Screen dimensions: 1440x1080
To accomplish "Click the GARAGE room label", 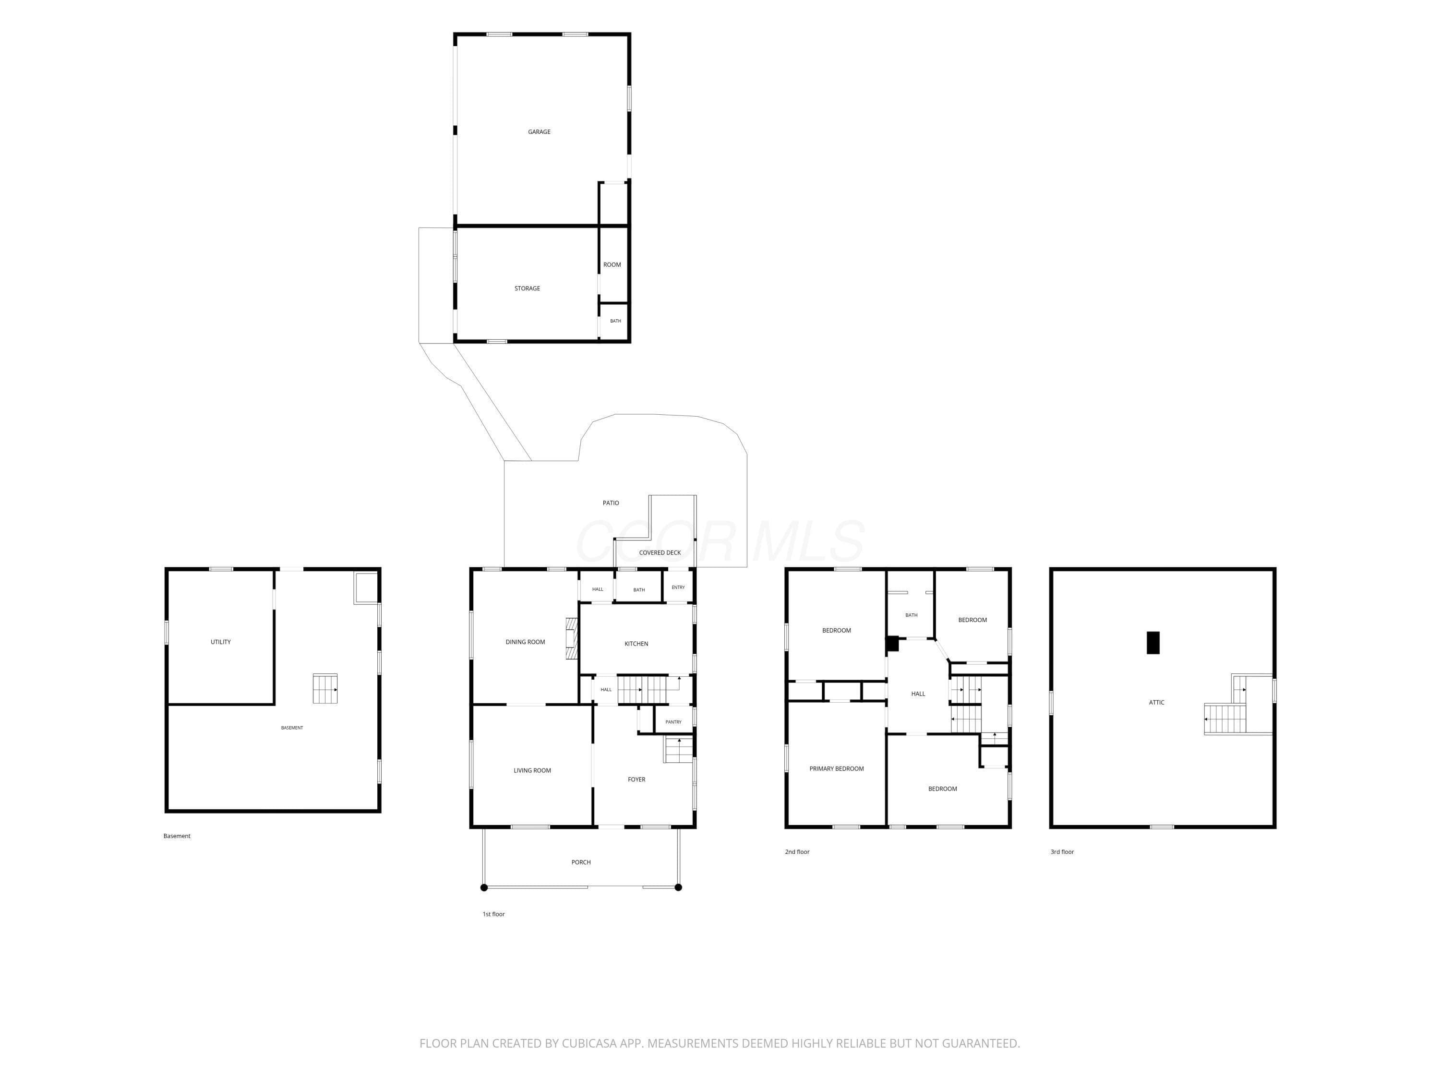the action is click(x=539, y=132).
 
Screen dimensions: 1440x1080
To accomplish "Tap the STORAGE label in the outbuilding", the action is click(x=528, y=288).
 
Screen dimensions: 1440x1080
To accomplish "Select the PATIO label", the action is click(x=611, y=503).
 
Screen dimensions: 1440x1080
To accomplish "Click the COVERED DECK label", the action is click(x=660, y=552).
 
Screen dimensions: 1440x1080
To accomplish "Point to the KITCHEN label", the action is click(x=636, y=644).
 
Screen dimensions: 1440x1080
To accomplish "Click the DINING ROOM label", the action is click(x=525, y=642).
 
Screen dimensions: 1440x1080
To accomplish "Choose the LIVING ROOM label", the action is click(x=532, y=770).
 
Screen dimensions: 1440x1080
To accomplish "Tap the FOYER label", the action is click(x=636, y=779).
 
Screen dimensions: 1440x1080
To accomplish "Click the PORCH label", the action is click(x=581, y=862).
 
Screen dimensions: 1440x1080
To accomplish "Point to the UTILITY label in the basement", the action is click(x=221, y=642).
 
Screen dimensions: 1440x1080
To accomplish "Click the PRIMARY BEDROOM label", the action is click(x=837, y=769).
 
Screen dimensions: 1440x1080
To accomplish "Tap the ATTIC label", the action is click(x=1157, y=702).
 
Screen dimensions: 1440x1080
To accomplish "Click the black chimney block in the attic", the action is click(x=1153, y=643).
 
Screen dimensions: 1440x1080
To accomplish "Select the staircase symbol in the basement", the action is click(x=325, y=689).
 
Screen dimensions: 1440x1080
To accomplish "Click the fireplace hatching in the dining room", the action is click(x=572, y=638).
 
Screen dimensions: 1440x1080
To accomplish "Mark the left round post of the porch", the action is click(x=484, y=888).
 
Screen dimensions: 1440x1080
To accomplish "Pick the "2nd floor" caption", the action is click(x=797, y=852).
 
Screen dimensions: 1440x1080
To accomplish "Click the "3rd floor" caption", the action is click(x=1062, y=852).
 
